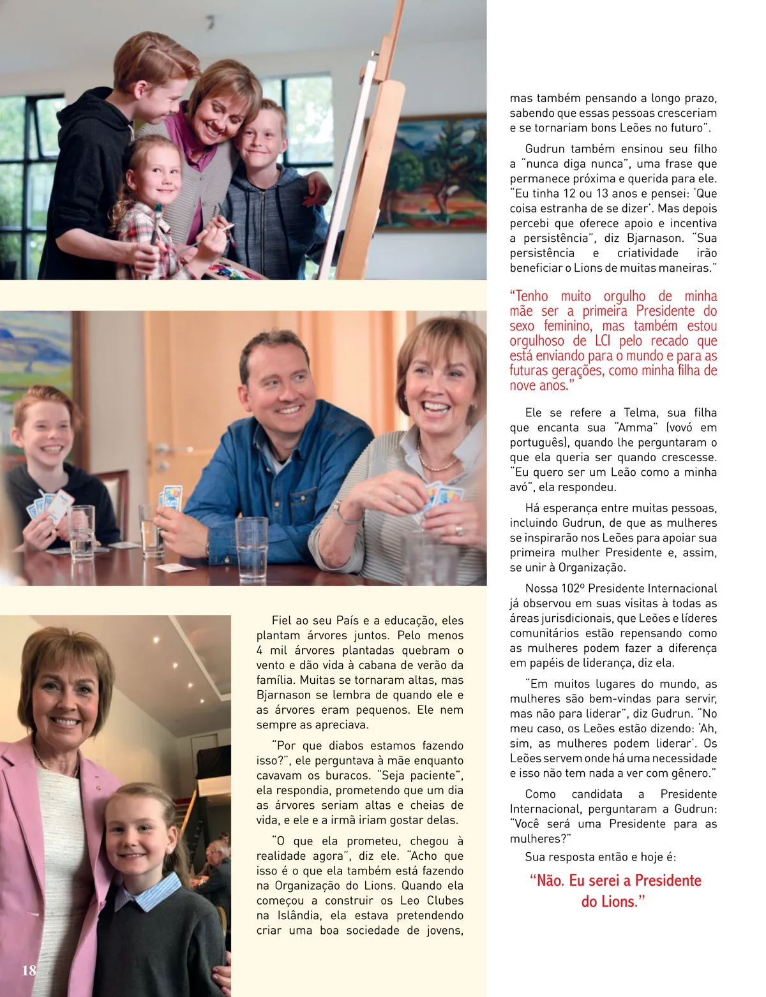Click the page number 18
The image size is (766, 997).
[x=29, y=970]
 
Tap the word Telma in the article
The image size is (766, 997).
[x=640, y=413]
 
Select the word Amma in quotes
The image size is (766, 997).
[x=635, y=427]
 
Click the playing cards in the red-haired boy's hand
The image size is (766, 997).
[x=51, y=507]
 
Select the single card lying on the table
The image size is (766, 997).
[x=175, y=567]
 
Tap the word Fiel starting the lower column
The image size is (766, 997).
[x=282, y=620]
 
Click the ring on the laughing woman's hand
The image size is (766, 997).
[x=459, y=530]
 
